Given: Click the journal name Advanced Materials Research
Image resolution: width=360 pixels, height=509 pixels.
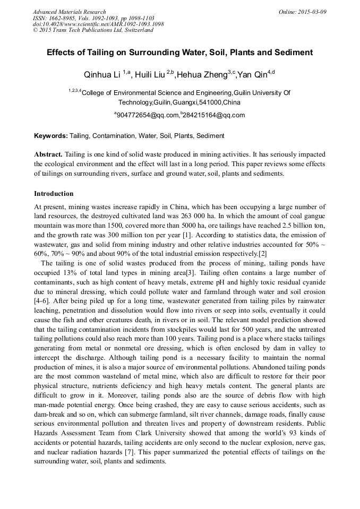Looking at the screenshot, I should [x=69, y=12].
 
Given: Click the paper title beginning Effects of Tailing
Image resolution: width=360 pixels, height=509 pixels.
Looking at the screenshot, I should [x=179, y=53].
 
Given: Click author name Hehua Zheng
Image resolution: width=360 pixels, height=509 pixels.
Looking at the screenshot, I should [x=202, y=74].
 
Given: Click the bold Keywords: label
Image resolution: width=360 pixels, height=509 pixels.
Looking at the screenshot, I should [x=51, y=136].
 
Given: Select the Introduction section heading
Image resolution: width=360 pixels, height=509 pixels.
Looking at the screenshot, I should [x=54, y=194].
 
